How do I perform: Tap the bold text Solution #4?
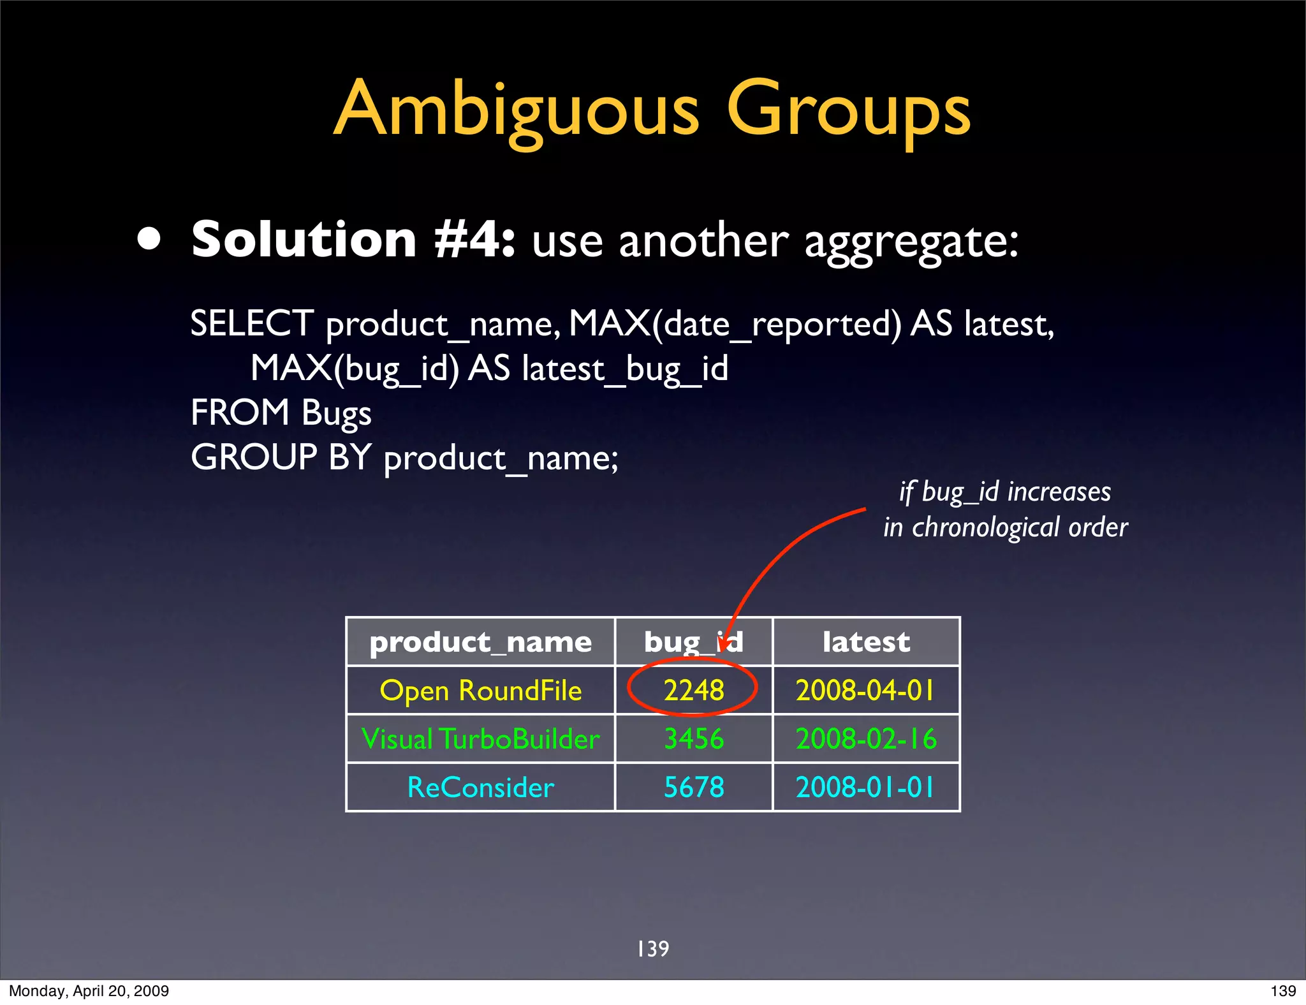(353, 240)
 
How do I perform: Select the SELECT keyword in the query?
(252, 323)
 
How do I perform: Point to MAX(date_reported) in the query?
(735, 323)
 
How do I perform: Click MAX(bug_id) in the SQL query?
(355, 369)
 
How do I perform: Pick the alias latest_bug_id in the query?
(625, 369)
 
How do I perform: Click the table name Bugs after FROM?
(336, 413)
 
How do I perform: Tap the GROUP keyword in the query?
(254, 457)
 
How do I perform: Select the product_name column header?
(480, 642)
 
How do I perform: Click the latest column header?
(866, 642)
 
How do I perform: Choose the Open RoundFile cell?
(480, 691)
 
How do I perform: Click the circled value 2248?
(694, 691)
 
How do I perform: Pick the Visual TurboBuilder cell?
(480, 739)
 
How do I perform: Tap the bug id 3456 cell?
(694, 739)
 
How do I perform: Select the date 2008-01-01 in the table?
(866, 788)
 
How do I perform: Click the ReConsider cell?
(480, 788)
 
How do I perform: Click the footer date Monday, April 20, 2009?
(89, 991)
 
